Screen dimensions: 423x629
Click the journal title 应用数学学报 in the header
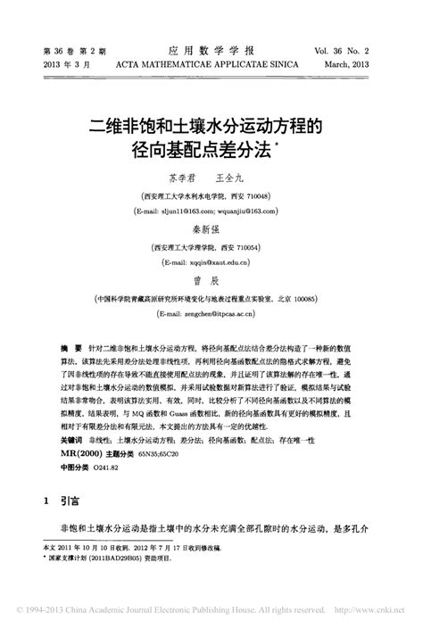point(211,51)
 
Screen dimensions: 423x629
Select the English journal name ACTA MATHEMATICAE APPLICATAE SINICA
point(211,65)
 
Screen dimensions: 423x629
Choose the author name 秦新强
point(211,229)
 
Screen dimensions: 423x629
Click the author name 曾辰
point(211,281)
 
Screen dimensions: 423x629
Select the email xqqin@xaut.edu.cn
point(212,263)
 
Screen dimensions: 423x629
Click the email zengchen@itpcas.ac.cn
point(216,314)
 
